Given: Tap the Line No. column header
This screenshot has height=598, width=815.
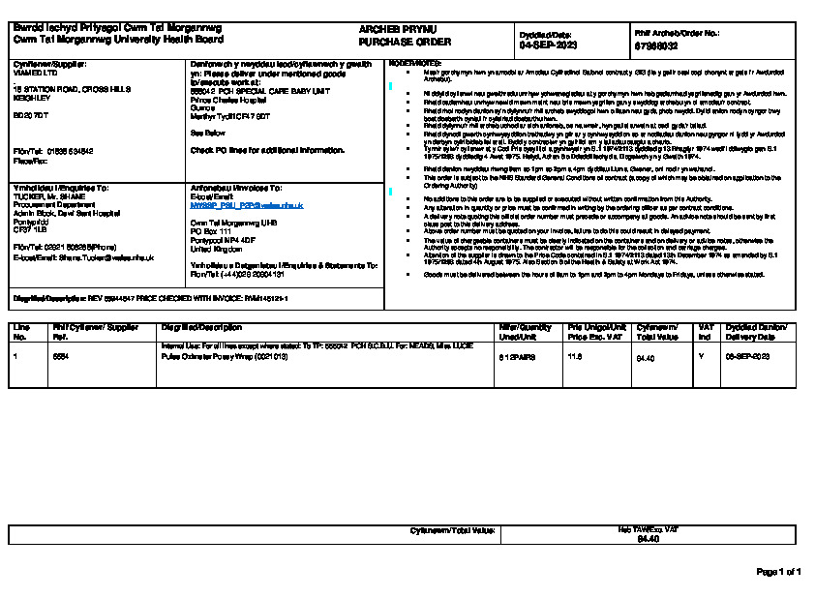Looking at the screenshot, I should (20, 331).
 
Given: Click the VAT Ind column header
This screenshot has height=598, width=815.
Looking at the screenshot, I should (706, 331).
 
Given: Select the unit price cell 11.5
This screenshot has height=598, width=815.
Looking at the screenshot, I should (574, 357).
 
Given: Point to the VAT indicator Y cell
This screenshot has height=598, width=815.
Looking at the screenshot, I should (701, 357).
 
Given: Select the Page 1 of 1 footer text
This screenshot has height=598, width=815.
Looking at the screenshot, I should (777, 572).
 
